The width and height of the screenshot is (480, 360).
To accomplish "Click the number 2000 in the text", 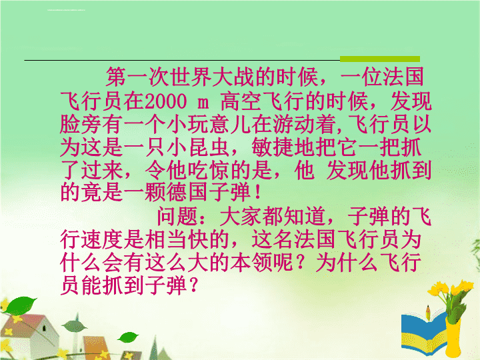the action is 165,101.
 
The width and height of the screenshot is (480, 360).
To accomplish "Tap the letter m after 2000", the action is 203,103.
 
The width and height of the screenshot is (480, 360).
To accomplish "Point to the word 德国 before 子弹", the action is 177,192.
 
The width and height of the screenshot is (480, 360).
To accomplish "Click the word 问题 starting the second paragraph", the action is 177,216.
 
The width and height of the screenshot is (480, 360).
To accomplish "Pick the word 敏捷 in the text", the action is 273,147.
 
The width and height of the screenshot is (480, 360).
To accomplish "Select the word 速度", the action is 102,239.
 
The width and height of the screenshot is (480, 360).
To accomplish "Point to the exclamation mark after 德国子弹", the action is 257,192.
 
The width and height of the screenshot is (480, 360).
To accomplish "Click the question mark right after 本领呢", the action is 304,263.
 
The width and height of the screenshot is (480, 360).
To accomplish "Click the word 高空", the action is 241,101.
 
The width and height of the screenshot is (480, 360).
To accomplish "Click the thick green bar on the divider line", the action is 380,59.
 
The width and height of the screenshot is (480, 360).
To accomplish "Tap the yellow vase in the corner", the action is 453,337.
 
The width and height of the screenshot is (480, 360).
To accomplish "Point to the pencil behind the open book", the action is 428,312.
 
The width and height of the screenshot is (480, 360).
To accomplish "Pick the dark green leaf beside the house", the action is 75,326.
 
